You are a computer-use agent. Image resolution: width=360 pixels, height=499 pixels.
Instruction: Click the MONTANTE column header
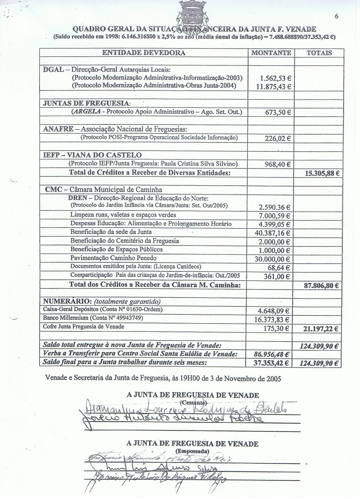pyautogui.click(x=271, y=53)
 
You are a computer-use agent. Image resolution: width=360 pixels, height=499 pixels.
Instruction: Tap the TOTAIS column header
pyautogui.click(x=319, y=53)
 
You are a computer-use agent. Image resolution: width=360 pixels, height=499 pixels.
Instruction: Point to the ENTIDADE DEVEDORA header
pyautogui.click(x=144, y=53)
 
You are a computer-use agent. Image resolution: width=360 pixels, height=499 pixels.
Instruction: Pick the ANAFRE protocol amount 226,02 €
pyautogui.click(x=278, y=139)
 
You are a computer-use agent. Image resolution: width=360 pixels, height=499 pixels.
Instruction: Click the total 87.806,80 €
pyautogui.click(x=321, y=286)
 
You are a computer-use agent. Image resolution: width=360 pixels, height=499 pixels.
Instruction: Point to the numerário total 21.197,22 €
pyautogui.click(x=321, y=328)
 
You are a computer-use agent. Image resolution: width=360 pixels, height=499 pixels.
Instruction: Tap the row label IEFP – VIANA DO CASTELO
pyautogui.click(x=93, y=155)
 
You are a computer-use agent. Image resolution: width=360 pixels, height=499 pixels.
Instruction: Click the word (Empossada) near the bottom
pyautogui.click(x=192, y=451)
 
